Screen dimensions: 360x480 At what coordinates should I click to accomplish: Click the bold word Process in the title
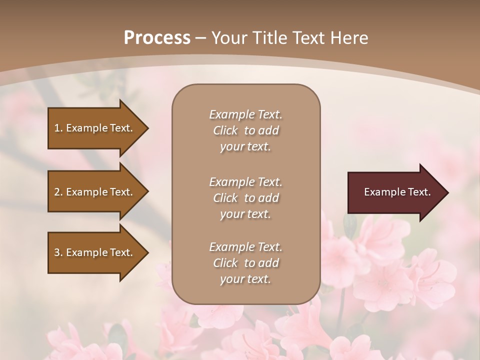coord(157,38)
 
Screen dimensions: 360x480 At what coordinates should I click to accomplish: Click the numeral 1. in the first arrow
coord(58,128)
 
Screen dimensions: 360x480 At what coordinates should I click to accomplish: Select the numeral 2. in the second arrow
coord(58,192)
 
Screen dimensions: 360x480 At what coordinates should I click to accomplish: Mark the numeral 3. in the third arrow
coord(58,252)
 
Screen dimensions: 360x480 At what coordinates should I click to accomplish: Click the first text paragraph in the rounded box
coord(245,130)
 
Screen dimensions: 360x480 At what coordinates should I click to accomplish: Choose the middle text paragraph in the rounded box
coord(245,198)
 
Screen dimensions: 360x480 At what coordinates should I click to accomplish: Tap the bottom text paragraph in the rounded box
coord(245,263)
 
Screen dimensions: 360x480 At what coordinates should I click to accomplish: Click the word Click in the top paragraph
coord(225,130)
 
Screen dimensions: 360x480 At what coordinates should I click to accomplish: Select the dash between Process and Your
coord(201,38)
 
